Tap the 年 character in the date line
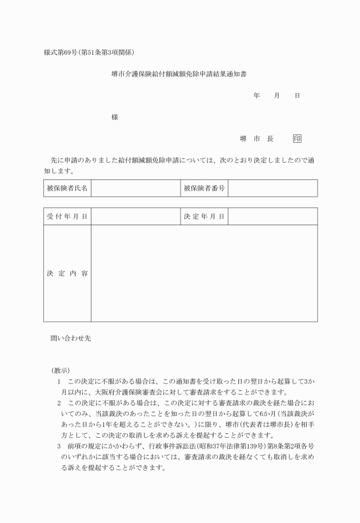257,96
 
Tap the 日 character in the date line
297,96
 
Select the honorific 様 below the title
115,117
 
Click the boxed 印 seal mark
297,139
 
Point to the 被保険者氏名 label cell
67,188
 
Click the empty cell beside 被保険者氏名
135,188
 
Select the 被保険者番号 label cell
204,188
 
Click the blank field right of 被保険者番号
273,188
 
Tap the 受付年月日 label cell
67,217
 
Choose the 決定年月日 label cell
204,217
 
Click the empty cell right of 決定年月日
273,217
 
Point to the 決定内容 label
67,273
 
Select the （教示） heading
60,370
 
